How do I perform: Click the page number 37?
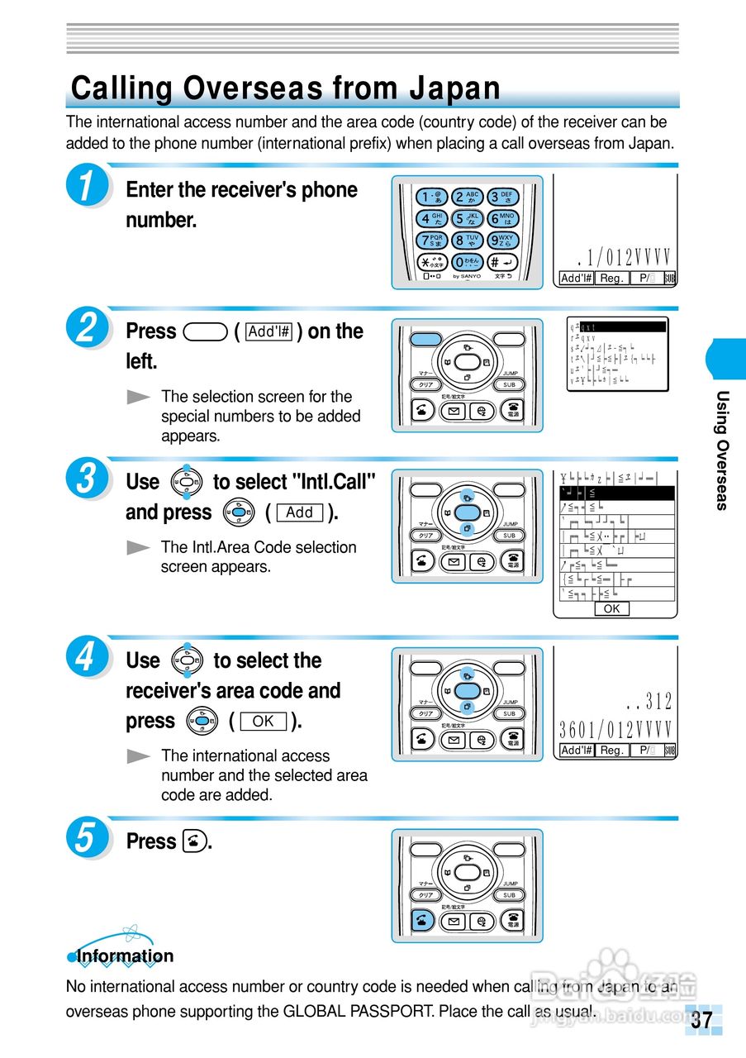click(701, 1020)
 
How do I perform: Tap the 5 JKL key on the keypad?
click(468, 219)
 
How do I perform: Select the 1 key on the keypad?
click(431, 197)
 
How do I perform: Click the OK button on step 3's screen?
click(611, 609)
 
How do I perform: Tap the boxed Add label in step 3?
click(299, 513)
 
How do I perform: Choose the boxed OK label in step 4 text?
click(263, 722)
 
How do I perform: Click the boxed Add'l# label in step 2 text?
click(270, 331)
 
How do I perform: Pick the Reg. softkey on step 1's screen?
click(611, 279)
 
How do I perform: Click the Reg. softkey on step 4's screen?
click(611, 751)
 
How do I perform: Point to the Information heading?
click(125, 956)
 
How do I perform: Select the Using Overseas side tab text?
click(722, 450)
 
